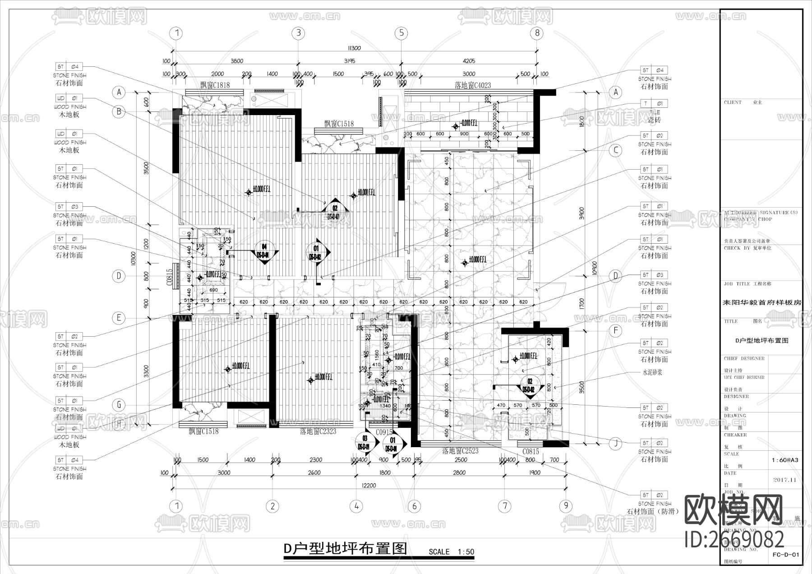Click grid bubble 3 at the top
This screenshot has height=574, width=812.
click(x=298, y=33)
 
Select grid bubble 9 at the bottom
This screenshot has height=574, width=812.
click(x=566, y=506)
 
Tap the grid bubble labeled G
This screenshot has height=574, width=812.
click(x=119, y=405)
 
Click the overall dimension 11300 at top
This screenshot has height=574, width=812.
click(x=354, y=48)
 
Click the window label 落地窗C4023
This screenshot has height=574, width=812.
click(x=472, y=85)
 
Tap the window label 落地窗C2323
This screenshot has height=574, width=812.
click(x=318, y=432)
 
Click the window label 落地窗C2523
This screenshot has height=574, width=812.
click(x=460, y=450)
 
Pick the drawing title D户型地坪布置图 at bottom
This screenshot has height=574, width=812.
click(x=345, y=549)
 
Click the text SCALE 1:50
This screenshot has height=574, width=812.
click(x=451, y=551)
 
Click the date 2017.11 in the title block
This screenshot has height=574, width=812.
click(x=785, y=480)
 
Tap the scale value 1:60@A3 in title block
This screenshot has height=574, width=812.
click(x=785, y=460)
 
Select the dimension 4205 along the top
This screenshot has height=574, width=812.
click(x=469, y=61)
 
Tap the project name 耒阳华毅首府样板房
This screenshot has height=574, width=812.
click(x=762, y=303)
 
